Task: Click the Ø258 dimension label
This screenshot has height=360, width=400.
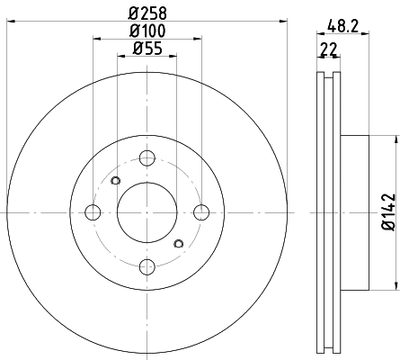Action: click(147, 12)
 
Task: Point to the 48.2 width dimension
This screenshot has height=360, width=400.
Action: click(339, 28)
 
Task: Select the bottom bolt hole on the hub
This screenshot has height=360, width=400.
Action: click(147, 265)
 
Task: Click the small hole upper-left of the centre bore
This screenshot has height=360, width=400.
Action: click(114, 183)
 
